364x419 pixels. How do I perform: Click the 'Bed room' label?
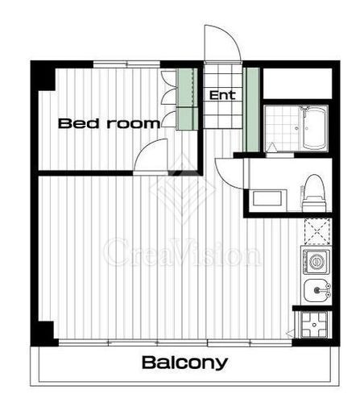point(109,123)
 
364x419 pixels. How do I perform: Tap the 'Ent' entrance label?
point(222,95)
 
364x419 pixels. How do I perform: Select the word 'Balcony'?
point(184,363)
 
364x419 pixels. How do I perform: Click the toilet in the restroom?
point(314,193)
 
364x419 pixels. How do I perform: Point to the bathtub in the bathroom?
point(314,128)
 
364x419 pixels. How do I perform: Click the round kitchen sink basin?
point(316,290)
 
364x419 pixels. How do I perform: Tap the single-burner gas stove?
point(316,262)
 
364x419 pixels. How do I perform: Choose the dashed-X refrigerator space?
point(317,231)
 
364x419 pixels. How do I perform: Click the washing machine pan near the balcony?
point(314,325)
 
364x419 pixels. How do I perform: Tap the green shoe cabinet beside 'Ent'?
point(252,110)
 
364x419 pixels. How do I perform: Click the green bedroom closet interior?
point(187,99)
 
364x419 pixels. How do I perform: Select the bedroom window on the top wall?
point(126,64)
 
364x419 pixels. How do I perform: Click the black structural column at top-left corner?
point(43,76)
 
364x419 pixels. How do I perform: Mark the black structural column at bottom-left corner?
point(43,333)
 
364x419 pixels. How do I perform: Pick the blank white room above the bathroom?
point(297,84)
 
